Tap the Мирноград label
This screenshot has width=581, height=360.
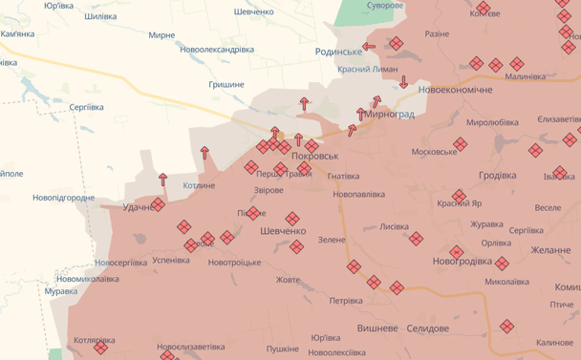coord(391,115)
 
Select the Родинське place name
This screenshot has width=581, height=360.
coord(338,51)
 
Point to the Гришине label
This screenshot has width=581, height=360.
coord(226,85)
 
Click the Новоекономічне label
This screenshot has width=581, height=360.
coord(456,89)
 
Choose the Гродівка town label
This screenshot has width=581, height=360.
coord(497,176)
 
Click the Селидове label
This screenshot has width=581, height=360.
coord(427,328)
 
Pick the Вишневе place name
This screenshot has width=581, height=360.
coord(377,328)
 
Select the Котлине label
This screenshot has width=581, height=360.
coord(199,185)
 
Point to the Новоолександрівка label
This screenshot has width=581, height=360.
coord(217,50)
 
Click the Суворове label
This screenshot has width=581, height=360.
coord(384,6)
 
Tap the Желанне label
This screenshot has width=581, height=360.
coord(550,250)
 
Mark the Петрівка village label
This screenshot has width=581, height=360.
coord(346,301)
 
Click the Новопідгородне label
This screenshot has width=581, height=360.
coord(63,198)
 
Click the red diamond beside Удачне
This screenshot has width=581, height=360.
coord(159,203)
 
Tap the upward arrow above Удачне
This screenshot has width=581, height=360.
coord(162,179)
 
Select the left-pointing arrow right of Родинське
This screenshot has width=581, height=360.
coord(369,45)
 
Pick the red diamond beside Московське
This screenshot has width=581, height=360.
coord(461,144)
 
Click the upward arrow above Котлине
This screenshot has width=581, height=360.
coord(204,152)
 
